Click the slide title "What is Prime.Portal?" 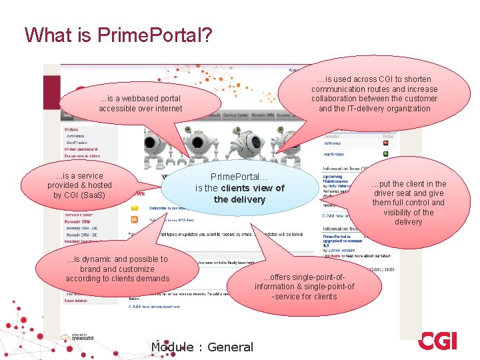118,35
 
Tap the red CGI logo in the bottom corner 438,341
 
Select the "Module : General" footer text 202,347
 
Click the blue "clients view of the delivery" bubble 239,188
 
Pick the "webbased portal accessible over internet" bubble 140,103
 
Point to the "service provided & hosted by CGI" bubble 79,185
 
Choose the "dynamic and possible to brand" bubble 117,269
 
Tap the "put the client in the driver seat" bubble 408,203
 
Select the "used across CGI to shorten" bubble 374,93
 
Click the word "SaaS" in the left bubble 94,195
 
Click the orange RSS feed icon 134,219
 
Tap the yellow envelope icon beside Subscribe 134,207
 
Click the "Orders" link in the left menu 71,129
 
